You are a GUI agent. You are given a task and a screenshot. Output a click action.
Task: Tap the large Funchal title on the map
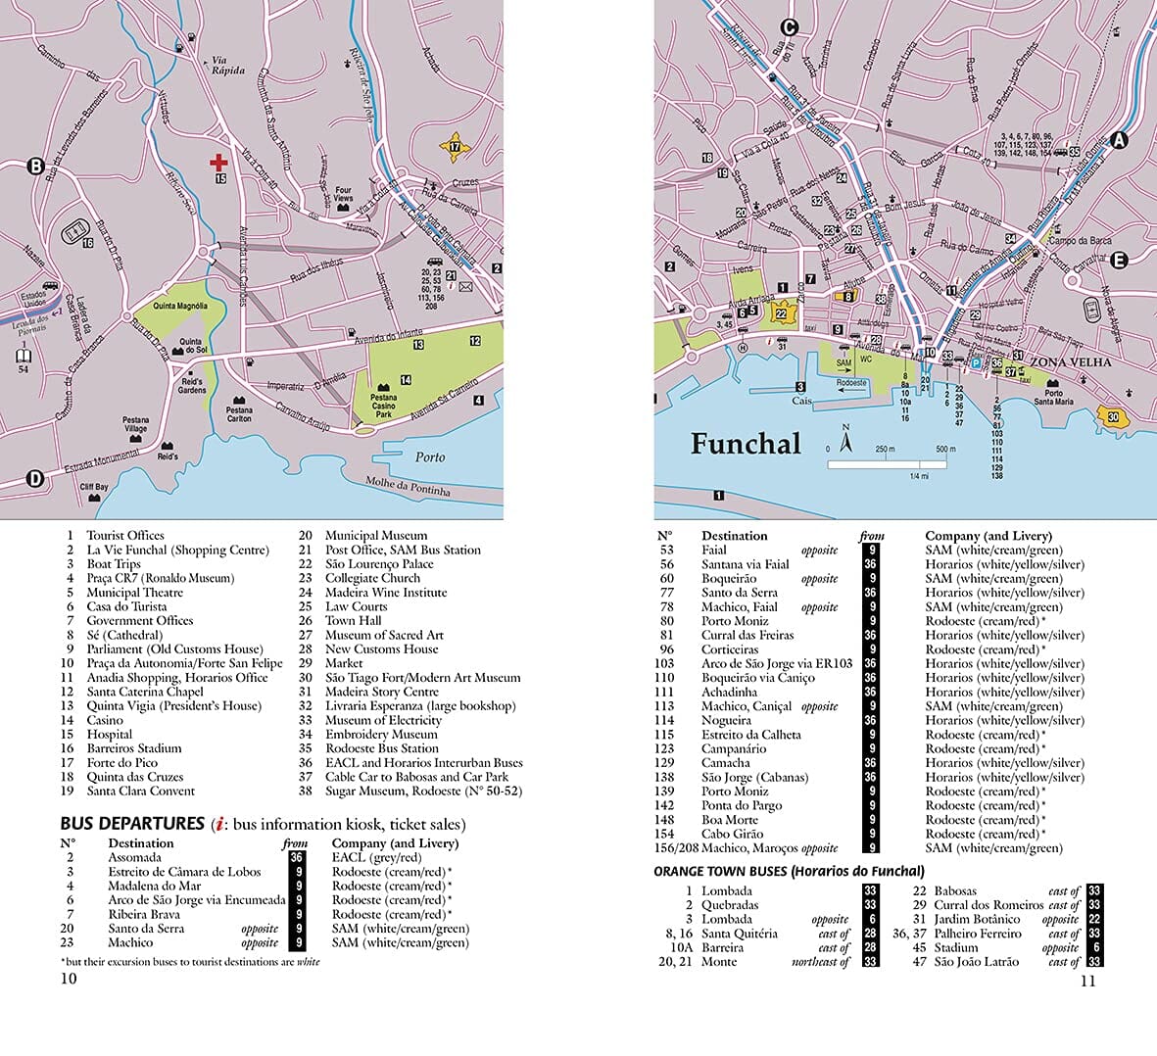point(746,444)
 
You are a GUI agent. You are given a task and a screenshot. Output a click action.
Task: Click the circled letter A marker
point(1119,140)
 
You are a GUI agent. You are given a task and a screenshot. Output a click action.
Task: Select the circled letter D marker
point(35,479)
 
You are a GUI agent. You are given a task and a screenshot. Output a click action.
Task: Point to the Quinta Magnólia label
point(179,307)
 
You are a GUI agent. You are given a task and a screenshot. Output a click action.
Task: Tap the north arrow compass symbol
point(845,439)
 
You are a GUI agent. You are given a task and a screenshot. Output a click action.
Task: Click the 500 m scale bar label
point(944,450)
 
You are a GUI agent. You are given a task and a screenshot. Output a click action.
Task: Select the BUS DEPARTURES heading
point(131,824)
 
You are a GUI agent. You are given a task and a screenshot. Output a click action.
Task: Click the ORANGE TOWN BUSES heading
point(789,871)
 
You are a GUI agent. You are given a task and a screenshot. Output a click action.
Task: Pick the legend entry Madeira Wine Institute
point(386,593)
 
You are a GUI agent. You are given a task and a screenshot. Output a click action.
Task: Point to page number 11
point(1087,982)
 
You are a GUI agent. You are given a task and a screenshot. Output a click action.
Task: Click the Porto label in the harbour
point(429,457)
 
